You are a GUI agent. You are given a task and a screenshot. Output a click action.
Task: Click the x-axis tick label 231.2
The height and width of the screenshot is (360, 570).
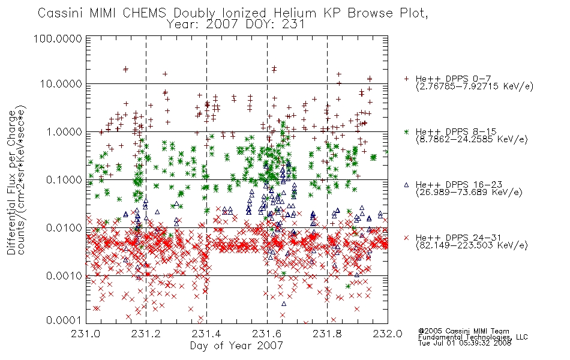pos(146,333)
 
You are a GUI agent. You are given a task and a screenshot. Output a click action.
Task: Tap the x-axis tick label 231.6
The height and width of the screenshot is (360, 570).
pos(266,333)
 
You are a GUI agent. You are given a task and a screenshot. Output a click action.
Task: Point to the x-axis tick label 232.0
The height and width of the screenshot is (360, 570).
pos(388,333)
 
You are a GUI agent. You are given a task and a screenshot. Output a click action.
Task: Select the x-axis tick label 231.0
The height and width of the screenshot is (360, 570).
pos(86,333)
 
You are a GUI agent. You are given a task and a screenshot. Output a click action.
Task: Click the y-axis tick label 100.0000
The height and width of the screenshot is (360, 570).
pos(58,38)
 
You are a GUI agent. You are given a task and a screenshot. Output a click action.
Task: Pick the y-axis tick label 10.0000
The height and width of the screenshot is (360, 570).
pos(61,84)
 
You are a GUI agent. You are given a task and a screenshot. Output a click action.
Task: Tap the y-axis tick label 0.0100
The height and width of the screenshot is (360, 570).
pos(64,228)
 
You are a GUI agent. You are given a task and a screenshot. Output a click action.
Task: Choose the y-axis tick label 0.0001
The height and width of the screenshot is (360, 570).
pos(64,320)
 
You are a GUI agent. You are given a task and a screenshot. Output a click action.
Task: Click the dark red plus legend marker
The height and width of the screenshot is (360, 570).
pos(406,79)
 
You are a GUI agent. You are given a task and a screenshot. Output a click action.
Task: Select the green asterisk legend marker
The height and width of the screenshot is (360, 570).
pos(406,131)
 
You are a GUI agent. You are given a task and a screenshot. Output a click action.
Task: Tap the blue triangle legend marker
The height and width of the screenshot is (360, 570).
pos(406,185)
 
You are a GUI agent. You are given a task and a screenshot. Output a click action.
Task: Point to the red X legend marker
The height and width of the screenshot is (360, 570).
pos(406,238)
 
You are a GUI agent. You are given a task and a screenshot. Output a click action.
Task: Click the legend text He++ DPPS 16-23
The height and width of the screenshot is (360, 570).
pos(459,185)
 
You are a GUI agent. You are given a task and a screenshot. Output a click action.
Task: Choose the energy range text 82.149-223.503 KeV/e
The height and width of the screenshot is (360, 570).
pos(472,245)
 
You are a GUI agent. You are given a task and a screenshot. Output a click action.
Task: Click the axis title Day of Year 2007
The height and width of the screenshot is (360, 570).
pos(236,346)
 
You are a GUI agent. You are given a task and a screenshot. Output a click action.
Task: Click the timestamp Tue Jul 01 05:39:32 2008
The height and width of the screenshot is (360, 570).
pos(464,343)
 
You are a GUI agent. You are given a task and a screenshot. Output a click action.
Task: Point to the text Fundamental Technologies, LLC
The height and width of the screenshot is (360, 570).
pos(473,337)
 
